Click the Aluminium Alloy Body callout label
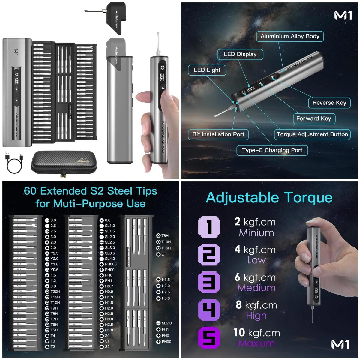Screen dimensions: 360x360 tap(290, 36)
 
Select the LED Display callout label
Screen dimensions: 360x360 tap(240, 54)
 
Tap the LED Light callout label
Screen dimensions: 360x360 tap(207, 70)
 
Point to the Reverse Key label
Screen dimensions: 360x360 tap(329, 103)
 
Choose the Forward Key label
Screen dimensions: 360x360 tap(313, 118)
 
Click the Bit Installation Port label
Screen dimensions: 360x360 tap(218, 134)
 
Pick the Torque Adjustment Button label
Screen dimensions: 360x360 tap(312, 134)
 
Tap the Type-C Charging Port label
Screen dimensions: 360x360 tap(272, 150)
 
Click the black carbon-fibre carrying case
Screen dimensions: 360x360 tap(64, 162)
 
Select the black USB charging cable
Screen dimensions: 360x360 tap(14, 163)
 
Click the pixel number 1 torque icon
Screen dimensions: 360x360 tap(209, 227)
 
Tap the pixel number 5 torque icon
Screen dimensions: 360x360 tap(209, 338)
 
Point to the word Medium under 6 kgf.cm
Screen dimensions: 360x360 tap(256, 288)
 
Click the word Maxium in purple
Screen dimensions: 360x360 tap(256, 343)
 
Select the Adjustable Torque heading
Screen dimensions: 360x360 tap(269, 198)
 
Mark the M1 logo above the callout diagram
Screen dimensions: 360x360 tap(343, 16)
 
